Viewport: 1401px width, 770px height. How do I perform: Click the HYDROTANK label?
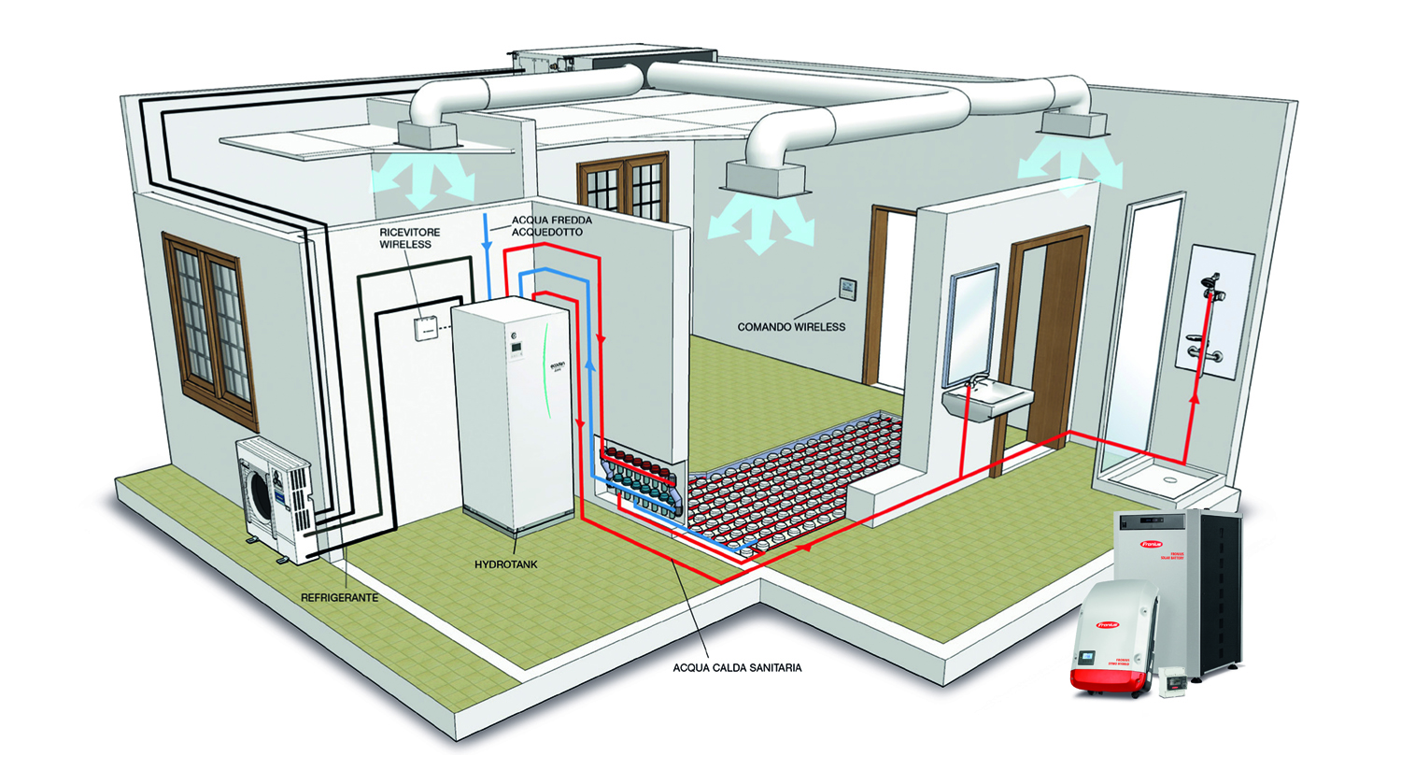(505, 564)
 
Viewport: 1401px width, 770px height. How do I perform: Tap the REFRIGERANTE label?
(339, 597)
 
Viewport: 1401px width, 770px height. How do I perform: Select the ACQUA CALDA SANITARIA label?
(737, 668)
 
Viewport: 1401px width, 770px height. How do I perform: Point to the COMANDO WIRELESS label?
(791, 327)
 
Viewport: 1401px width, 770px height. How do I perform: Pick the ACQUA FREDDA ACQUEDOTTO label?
(552, 226)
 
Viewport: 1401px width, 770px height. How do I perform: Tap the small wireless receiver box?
(425, 327)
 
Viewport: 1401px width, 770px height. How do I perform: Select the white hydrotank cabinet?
(514, 411)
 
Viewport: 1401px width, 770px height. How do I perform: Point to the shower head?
(1212, 283)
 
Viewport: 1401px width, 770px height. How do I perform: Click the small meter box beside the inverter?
(1171, 681)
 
